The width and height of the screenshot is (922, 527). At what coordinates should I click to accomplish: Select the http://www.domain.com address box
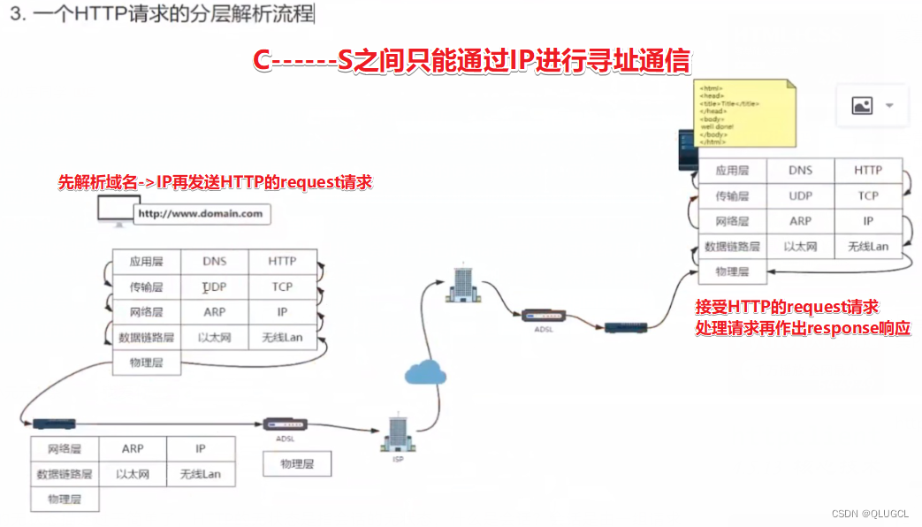tap(201, 214)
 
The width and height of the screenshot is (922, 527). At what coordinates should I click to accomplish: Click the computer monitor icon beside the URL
tap(116, 210)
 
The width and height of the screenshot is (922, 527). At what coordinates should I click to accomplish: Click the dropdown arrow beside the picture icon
tap(889, 105)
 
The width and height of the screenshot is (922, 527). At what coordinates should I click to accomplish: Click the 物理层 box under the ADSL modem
tap(297, 463)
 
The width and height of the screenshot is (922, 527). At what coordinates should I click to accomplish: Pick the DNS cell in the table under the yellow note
tap(801, 171)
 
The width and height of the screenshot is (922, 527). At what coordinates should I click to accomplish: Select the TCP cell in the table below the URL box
tap(282, 286)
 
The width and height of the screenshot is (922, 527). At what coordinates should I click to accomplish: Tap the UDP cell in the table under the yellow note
tap(801, 195)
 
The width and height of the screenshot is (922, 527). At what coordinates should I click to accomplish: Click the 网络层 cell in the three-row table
tap(65, 449)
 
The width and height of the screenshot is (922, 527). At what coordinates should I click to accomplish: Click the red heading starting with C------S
tap(471, 62)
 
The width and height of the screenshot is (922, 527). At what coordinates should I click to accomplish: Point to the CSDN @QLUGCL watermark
tap(869, 513)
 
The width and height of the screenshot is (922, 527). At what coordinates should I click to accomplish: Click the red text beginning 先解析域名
tap(215, 183)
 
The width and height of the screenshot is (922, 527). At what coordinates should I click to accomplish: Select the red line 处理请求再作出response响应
tap(803, 328)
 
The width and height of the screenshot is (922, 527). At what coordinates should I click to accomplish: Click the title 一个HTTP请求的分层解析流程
tap(164, 15)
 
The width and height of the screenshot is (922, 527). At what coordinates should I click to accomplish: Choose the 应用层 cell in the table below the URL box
tap(147, 262)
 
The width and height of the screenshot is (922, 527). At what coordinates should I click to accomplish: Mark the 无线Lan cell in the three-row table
tap(201, 474)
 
